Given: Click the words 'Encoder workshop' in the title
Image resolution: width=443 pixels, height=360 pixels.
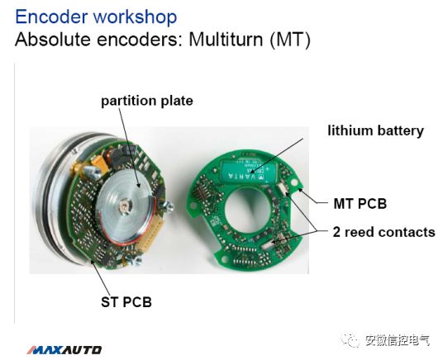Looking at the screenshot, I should [96, 17].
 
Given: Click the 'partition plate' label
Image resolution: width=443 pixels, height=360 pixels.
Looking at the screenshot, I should [146, 102].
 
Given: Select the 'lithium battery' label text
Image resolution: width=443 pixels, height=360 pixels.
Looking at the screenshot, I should [375, 130].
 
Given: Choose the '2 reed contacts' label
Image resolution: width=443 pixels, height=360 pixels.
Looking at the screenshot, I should [383, 232].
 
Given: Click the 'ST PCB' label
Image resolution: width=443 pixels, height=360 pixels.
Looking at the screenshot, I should [121, 302].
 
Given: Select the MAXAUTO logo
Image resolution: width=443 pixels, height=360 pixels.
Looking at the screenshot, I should [64, 349].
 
